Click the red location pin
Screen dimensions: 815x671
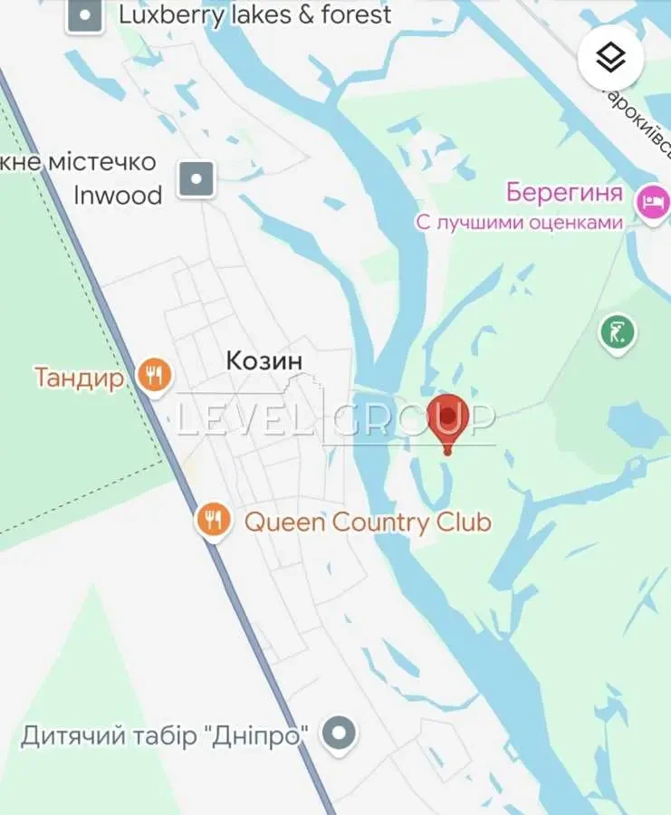pos(446,417)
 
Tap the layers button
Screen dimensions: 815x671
pos(611,57)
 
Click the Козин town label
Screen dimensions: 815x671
pos(264,361)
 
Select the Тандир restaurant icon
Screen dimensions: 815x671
pos(155,375)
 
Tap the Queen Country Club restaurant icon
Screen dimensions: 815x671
pos(213,521)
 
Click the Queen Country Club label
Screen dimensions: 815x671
pos(368,522)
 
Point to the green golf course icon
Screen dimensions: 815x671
pos(618,332)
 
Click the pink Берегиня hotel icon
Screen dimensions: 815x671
pos(652,199)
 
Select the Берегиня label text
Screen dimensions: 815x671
pos(564,193)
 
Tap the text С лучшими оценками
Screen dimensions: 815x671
pos(520,223)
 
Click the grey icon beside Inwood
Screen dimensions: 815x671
pos(196,178)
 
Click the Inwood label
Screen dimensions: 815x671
pos(118,195)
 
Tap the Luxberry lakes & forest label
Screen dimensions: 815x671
pos(255,14)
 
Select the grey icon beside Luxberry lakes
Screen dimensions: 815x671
pos(85,15)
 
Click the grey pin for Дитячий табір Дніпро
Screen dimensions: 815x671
pos(340,734)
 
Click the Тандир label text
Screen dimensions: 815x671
pos(79,377)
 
